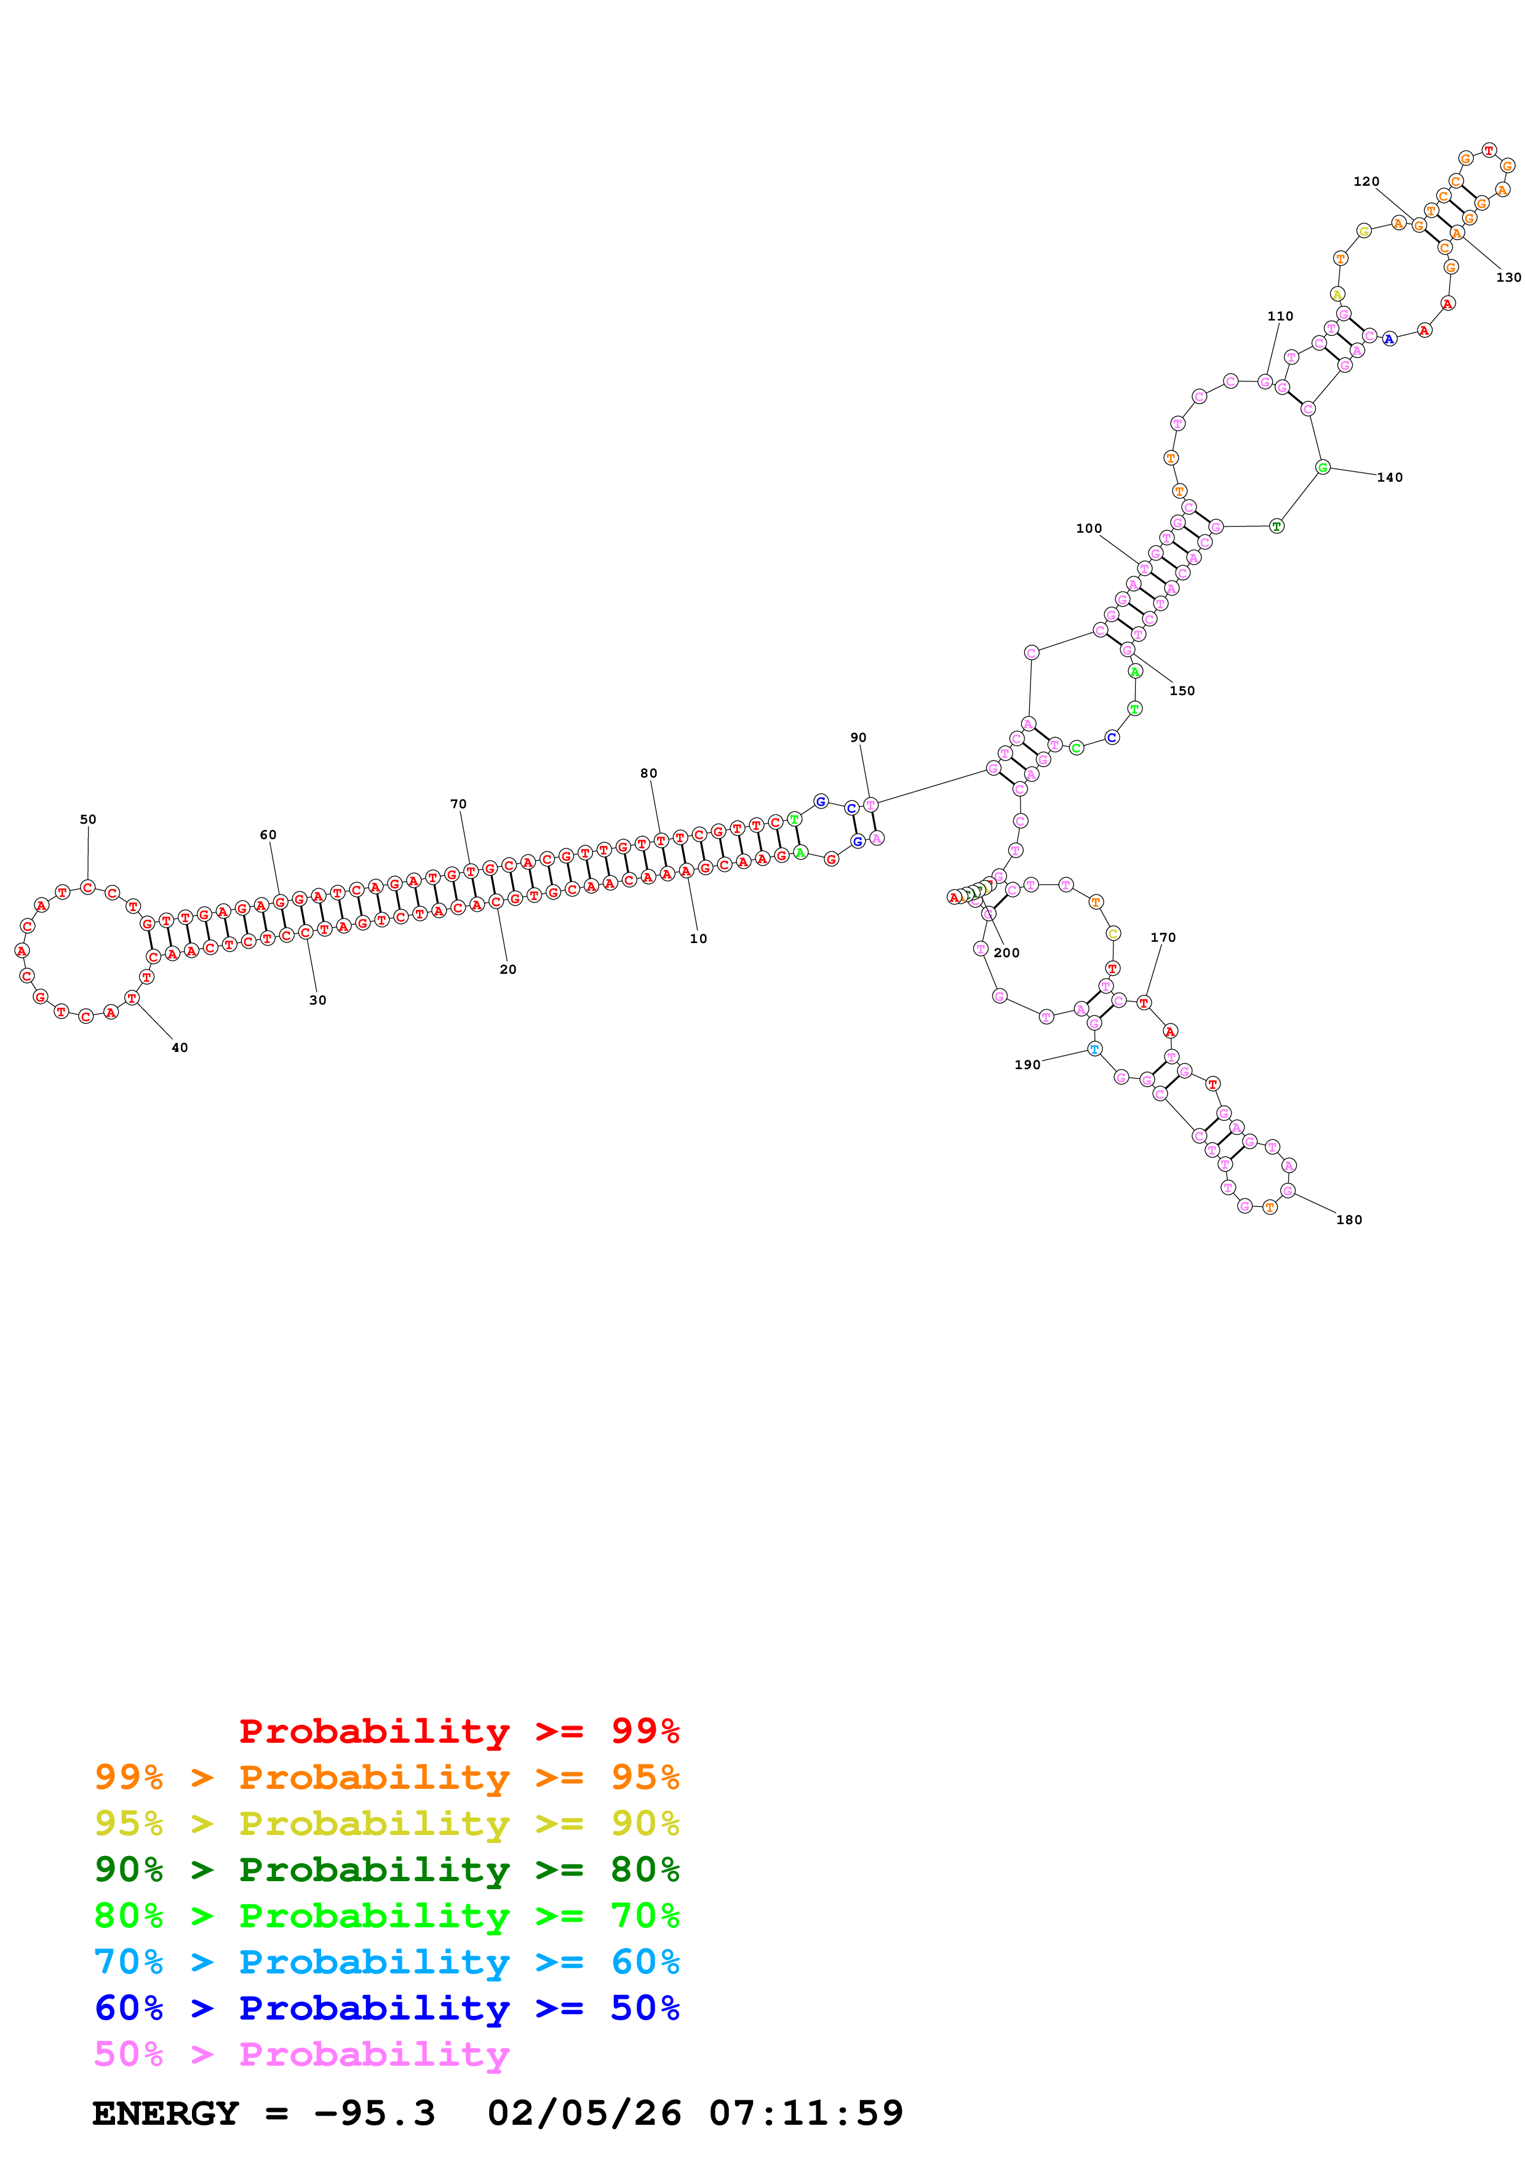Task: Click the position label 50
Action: pyautogui.click(x=87, y=819)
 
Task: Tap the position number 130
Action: pyautogui.click(x=1508, y=277)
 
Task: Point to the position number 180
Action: pyautogui.click(x=1348, y=1220)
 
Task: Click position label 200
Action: pyautogui.click(x=1006, y=953)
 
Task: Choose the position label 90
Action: pyautogui.click(x=858, y=738)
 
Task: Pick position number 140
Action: pyautogui.click(x=1390, y=477)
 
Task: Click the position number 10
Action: pyautogui.click(x=698, y=939)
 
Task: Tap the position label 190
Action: pyautogui.click(x=1027, y=1065)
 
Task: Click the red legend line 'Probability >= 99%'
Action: pyautogui.click(x=458, y=1731)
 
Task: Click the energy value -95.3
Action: pyautogui.click(x=374, y=2114)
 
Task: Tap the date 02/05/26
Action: pyautogui.click(x=584, y=2114)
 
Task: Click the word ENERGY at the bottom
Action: pyautogui.click(x=165, y=2114)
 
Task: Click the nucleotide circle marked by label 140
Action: pyautogui.click(x=1322, y=467)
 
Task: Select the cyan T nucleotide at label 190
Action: pyautogui.click(x=1094, y=1049)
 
